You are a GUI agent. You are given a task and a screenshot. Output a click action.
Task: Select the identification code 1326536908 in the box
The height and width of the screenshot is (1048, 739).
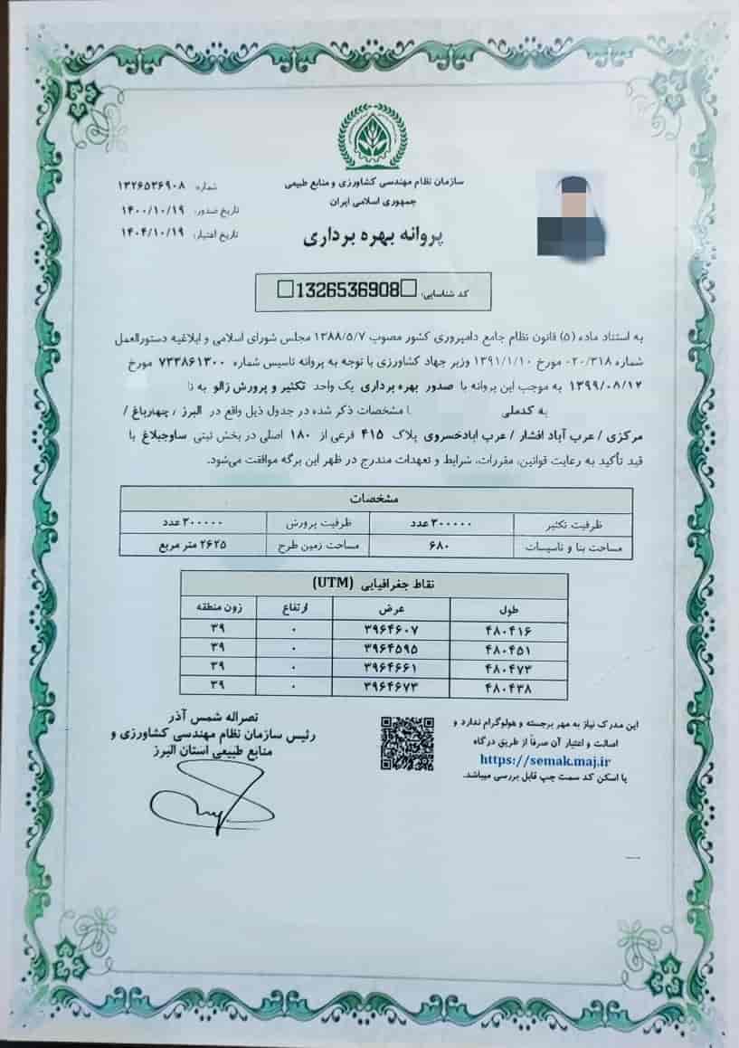[346, 291]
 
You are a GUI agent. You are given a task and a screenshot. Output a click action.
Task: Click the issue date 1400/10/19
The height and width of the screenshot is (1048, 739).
[151, 208]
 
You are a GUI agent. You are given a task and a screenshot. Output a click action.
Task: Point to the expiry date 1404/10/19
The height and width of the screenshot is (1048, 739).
[151, 231]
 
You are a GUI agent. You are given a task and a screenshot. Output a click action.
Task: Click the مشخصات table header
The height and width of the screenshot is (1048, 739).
[374, 498]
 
